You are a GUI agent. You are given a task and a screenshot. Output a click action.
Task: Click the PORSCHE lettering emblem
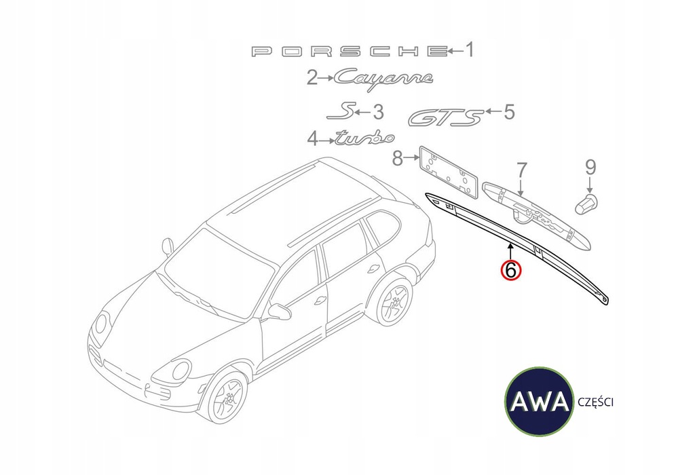click(350, 52)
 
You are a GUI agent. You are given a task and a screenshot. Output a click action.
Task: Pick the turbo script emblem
click(364, 138)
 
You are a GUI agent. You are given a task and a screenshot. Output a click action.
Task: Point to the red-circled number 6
click(510, 269)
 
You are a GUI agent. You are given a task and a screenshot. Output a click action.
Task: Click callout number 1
click(469, 50)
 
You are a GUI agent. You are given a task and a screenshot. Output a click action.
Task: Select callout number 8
click(398, 157)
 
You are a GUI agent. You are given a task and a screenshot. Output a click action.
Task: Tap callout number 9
click(590, 168)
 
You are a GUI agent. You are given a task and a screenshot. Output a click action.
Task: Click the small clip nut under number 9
click(586, 204)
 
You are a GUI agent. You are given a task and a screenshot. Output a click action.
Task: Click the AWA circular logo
click(540, 402)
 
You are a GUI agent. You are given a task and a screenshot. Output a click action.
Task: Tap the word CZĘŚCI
click(595, 402)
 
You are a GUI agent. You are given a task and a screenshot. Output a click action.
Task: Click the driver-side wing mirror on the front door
click(279, 311)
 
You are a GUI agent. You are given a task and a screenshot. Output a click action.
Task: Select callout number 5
click(509, 112)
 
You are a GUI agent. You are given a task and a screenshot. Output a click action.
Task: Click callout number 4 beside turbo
click(313, 140)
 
